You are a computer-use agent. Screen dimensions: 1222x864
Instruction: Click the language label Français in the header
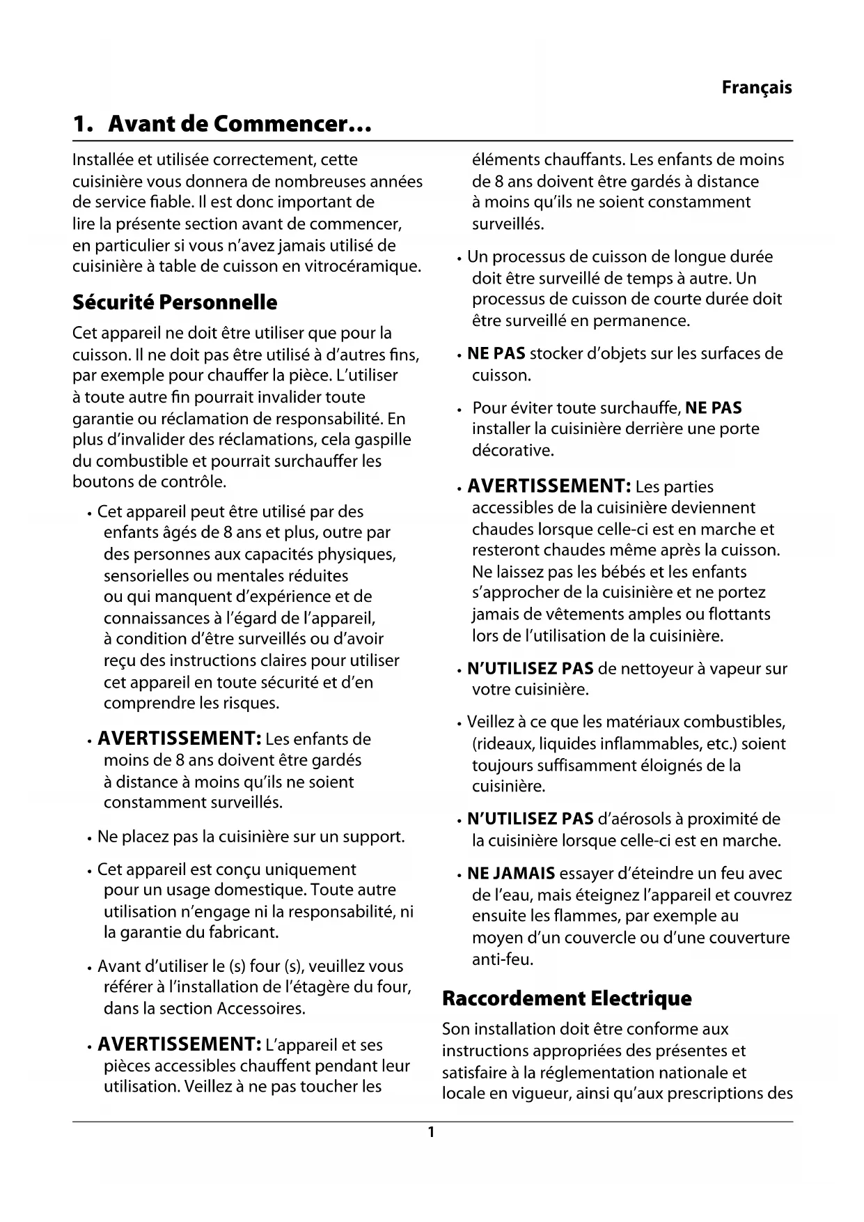pyautogui.click(x=756, y=88)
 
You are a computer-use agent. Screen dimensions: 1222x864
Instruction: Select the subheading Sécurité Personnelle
pyautogui.click(x=175, y=302)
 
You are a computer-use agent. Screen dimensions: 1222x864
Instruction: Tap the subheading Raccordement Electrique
pyautogui.click(x=567, y=998)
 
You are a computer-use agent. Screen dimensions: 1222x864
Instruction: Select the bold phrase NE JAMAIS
pyautogui.click(x=511, y=874)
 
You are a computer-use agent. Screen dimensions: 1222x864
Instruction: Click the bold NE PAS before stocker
pyautogui.click(x=496, y=354)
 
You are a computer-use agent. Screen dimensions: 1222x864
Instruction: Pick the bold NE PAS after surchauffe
pyautogui.click(x=714, y=408)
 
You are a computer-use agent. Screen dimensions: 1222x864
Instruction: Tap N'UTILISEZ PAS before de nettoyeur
pyautogui.click(x=530, y=669)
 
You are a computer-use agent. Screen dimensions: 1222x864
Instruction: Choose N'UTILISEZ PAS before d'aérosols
pyautogui.click(x=530, y=819)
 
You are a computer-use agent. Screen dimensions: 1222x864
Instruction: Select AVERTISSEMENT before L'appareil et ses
pyautogui.click(x=179, y=1044)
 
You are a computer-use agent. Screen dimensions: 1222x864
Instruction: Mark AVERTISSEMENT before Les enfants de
pyautogui.click(x=179, y=738)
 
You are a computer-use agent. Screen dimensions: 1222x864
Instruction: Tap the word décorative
pyautogui.click(x=513, y=450)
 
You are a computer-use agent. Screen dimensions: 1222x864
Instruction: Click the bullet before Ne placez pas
pyautogui.click(x=91, y=837)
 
